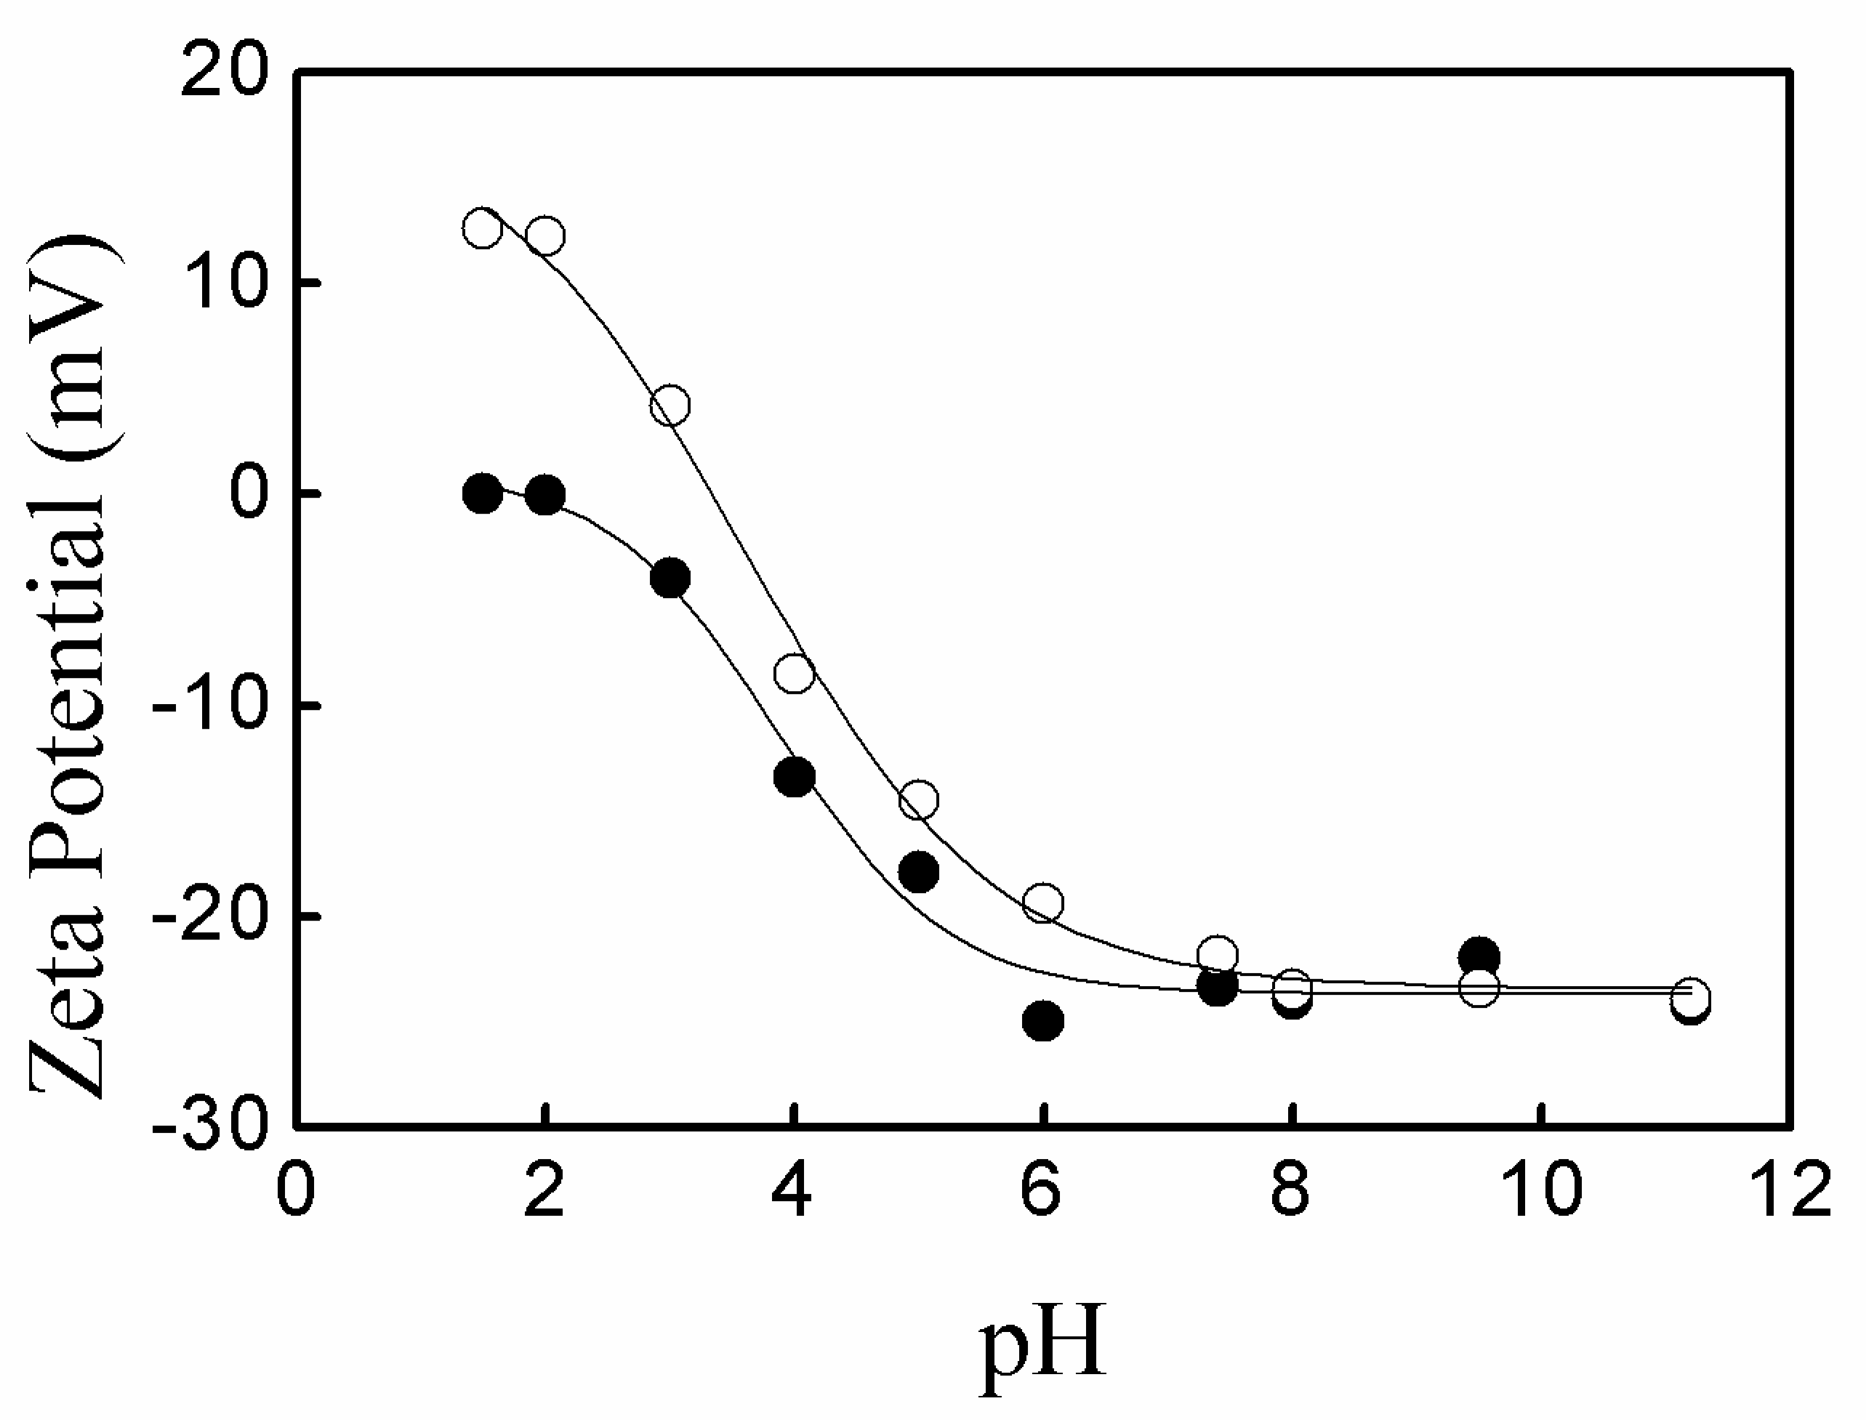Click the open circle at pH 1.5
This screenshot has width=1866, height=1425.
482,227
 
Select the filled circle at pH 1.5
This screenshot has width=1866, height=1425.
483,493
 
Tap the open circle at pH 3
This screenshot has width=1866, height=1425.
669,405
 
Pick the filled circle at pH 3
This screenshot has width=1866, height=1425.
670,578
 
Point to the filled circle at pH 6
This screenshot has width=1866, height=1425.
1043,1020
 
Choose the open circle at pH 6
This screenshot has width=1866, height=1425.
1043,903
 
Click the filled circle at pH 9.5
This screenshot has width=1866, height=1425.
1479,958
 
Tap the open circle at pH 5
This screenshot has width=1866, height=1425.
918,799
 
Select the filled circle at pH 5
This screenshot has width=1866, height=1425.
918,872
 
